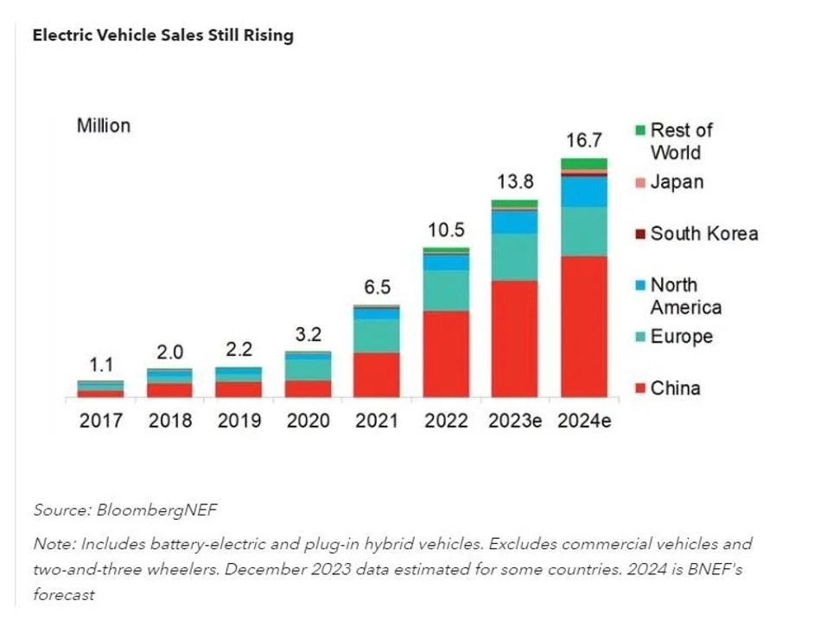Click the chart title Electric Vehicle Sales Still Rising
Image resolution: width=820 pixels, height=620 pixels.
[x=163, y=35]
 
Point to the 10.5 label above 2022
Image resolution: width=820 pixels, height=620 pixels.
[x=445, y=231]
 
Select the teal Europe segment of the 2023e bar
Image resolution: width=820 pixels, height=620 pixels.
[x=515, y=256]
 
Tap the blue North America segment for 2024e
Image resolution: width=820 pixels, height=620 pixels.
[x=583, y=191]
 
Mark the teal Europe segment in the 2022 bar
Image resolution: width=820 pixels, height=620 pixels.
[x=445, y=290]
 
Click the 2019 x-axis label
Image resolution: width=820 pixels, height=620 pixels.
[x=238, y=421]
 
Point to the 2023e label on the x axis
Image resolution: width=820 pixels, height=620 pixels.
[x=515, y=421]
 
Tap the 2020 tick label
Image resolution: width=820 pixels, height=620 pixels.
[x=308, y=421]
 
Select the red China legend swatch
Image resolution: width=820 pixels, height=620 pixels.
[x=639, y=389]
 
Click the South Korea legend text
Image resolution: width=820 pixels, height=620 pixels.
[x=704, y=233]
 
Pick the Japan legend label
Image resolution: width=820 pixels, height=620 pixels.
[x=677, y=181]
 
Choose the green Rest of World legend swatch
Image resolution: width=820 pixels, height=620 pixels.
[x=639, y=130]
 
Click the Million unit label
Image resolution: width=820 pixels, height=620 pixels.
[x=104, y=125]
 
